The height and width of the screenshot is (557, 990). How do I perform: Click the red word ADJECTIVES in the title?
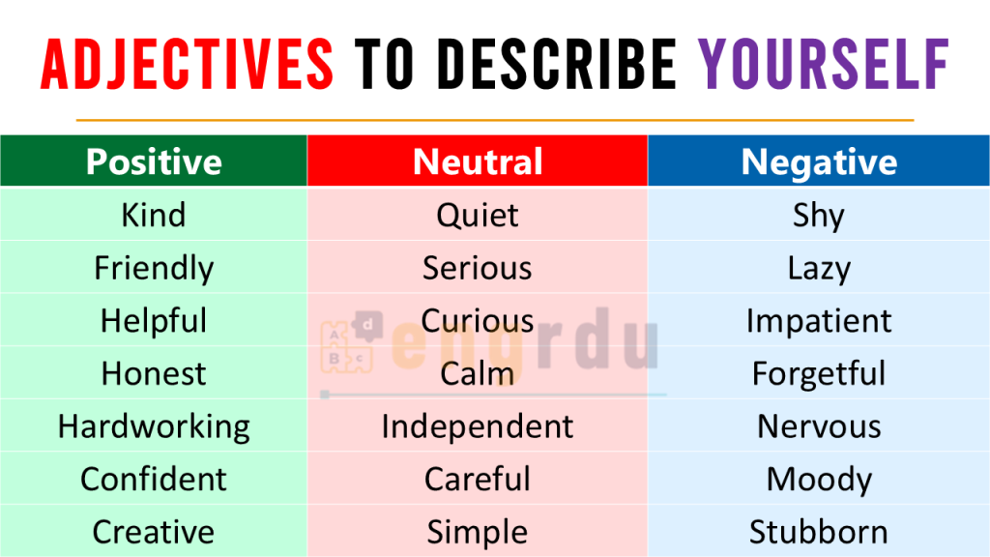coord(187,64)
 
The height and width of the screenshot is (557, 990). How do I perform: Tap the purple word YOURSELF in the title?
coord(824,64)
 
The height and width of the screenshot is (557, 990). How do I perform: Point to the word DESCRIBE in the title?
coord(558,64)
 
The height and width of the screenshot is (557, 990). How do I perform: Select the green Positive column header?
coord(154,161)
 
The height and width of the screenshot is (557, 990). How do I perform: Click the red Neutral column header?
coord(478,161)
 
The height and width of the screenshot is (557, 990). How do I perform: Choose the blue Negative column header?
coord(819,161)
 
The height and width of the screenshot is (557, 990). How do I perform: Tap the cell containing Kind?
coord(154,214)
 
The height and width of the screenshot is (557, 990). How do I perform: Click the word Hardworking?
coord(154,426)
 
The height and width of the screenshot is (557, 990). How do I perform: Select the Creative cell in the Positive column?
coord(154,531)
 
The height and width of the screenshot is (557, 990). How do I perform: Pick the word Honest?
coord(154,373)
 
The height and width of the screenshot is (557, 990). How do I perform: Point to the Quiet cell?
coord(478,214)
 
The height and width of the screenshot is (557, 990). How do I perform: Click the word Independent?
coord(478,426)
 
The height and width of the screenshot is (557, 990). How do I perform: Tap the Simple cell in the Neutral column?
coord(478,531)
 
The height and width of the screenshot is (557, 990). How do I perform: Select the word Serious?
coord(478,268)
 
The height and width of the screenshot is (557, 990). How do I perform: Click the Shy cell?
coord(819,214)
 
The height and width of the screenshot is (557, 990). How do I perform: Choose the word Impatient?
coord(819,321)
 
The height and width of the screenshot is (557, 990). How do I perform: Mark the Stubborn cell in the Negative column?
coord(819,531)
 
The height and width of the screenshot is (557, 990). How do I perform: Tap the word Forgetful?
coord(819,374)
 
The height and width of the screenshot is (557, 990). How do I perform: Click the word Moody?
coord(819,480)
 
